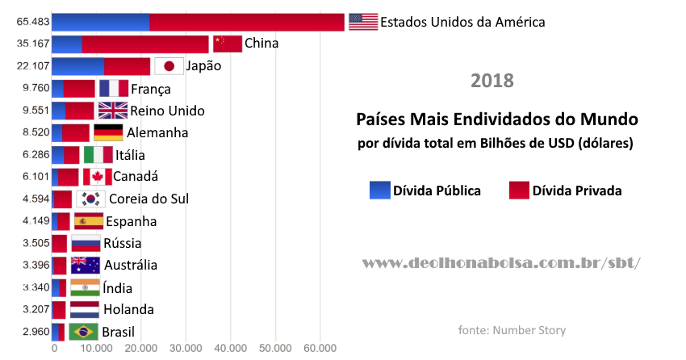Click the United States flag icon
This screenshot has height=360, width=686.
(363, 22)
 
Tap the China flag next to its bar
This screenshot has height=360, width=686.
(227, 44)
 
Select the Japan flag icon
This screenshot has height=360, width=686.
(169, 66)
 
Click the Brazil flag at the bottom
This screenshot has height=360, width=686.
(83, 332)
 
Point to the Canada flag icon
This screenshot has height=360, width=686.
(97, 177)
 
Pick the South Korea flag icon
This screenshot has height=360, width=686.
(90, 199)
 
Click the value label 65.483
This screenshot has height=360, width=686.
(33, 22)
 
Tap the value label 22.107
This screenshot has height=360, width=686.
(33, 66)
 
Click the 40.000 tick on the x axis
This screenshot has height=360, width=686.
(230, 348)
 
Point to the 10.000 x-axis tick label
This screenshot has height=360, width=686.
(97, 348)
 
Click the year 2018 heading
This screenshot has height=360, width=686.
(492, 82)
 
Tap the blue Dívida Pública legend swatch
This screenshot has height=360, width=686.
(379, 190)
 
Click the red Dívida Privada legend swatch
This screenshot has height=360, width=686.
(519, 190)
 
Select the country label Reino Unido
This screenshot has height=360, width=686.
(167, 111)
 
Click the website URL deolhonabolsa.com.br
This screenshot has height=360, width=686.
(501, 263)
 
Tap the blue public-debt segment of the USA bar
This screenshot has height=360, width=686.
(101, 22)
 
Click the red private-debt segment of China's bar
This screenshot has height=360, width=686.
(145, 44)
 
